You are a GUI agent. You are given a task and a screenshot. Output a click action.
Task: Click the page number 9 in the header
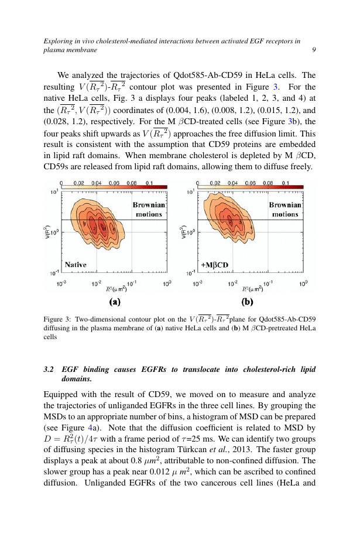314,50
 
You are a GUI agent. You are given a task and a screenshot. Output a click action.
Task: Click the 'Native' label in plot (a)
76,265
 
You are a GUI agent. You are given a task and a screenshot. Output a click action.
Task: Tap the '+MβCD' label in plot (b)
214,265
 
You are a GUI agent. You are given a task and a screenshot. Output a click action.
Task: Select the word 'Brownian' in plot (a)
149,205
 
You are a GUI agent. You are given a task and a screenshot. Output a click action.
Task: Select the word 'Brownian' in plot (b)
285,205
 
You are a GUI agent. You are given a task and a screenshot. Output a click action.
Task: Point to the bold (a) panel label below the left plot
114,302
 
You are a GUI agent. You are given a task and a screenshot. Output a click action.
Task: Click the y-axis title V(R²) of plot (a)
48,232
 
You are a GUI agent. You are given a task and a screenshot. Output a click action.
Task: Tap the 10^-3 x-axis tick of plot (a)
61,283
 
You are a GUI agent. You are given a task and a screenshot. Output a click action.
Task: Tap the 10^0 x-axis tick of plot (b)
303,283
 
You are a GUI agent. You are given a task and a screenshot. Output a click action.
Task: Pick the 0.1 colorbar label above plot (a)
150,183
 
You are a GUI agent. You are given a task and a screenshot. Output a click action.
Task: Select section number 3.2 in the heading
49,370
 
